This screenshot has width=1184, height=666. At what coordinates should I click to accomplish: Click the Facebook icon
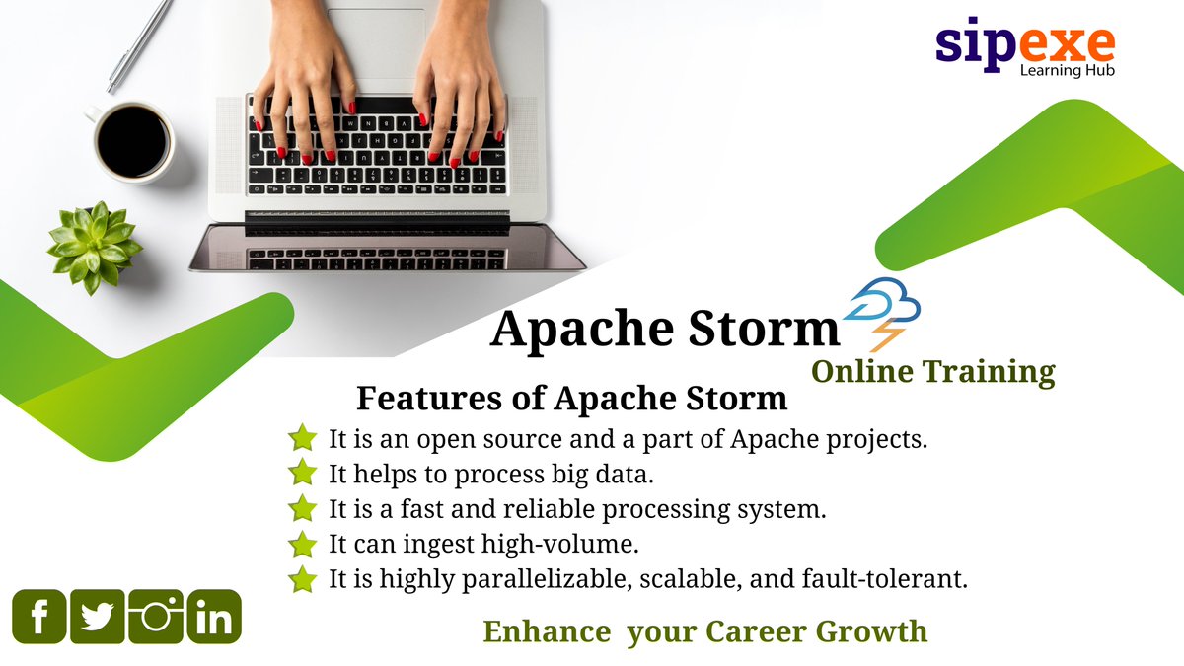(x=39, y=617)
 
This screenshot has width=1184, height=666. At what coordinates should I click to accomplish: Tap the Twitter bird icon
(x=97, y=617)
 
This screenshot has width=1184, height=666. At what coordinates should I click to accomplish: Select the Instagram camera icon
(x=156, y=617)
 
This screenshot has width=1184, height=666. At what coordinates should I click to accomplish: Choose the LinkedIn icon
(x=214, y=617)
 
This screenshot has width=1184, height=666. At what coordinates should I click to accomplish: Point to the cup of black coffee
(x=131, y=141)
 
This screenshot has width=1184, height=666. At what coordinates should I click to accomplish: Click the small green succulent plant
(x=94, y=246)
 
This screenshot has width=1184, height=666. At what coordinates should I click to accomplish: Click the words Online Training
(x=932, y=371)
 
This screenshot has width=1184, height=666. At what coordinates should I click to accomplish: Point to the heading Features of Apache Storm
(x=572, y=399)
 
